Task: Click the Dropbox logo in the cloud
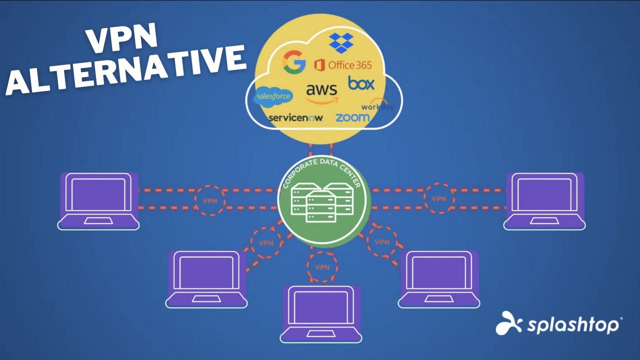pyautogui.click(x=341, y=43)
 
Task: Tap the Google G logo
pyautogui.click(x=294, y=62)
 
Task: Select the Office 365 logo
pyautogui.click(x=343, y=64)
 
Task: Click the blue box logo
pyautogui.click(x=361, y=83)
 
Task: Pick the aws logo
pyautogui.click(x=321, y=93)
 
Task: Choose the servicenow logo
pyautogui.click(x=295, y=118)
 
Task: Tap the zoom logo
pyautogui.click(x=352, y=117)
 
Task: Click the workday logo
pyautogui.click(x=377, y=106)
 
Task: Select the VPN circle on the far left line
pyautogui.click(x=210, y=200)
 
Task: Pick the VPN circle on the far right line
pyautogui.click(x=439, y=198)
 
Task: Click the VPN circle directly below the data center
pyautogui.click(x=322, y=266)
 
